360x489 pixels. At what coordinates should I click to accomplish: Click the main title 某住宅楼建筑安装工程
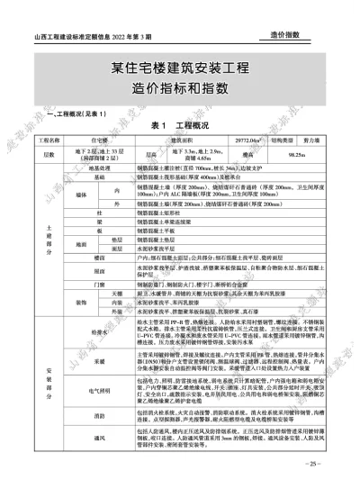tap(180, 68)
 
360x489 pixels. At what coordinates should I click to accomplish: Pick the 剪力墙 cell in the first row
tap(311, 141)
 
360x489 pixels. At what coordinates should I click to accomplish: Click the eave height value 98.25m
tap(311, 155)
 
